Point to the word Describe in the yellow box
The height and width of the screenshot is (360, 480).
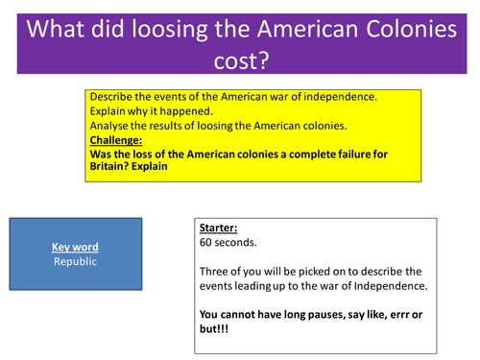113,98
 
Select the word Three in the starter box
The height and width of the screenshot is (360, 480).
213,273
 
